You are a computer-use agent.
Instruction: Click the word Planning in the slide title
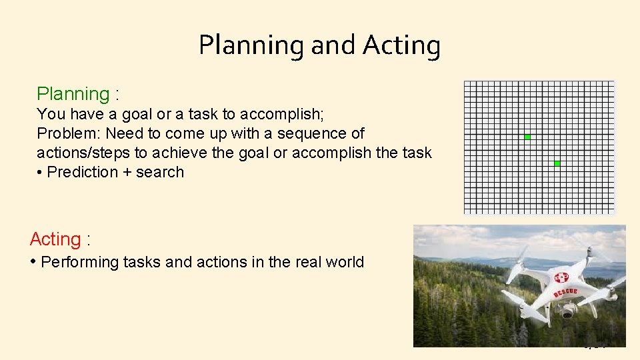(251, 45)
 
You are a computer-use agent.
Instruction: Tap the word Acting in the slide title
(401, 45)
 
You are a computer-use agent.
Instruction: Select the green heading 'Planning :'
(78, 94)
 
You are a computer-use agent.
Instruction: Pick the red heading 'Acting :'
(59, 239)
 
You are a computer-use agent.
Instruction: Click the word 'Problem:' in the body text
(69, 133)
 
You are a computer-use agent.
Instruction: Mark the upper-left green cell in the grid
(527, 137)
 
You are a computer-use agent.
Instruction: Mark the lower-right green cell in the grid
(557, 163)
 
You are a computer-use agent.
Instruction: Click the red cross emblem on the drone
(562, 277)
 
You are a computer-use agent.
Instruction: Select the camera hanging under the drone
(567, 311)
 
